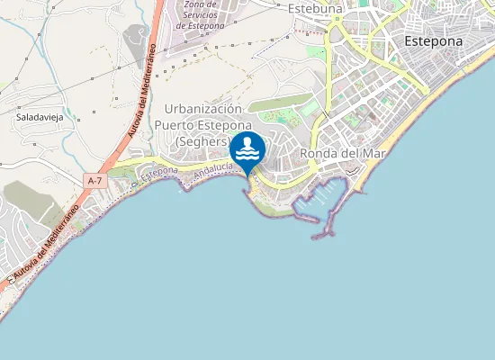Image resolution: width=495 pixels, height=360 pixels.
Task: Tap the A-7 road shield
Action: click(94, 181)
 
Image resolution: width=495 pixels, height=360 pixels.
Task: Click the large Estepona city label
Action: click(433, 41)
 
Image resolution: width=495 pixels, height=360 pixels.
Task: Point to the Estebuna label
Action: click(316, 9)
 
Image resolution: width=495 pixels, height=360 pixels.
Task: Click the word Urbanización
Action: click(202, 109)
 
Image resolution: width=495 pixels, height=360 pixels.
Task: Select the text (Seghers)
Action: click(202, 141)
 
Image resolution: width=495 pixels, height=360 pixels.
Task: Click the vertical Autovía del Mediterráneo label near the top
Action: click(143, 95)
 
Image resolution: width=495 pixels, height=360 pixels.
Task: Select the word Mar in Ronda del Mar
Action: click(372, 153)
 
